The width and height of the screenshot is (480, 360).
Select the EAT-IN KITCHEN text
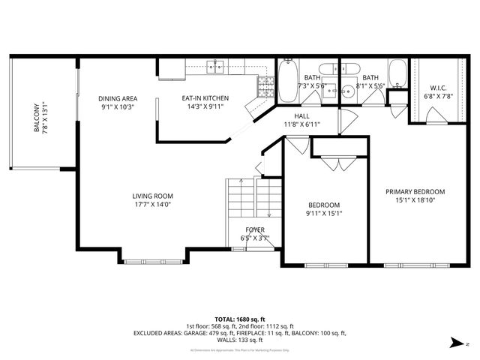coord(205,98)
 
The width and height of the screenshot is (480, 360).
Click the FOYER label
coord(255,229)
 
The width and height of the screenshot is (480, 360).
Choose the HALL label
coord(301,115)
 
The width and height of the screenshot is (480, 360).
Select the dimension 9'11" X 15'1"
coord(324,214)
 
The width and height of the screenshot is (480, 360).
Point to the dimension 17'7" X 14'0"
coord(153,205)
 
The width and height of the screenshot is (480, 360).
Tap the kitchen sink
coord(217,67)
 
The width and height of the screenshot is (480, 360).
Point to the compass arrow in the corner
coord(454,341)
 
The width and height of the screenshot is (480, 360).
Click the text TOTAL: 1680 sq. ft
coord(239,319)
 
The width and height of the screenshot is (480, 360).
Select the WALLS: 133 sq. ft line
coord(239,339)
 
